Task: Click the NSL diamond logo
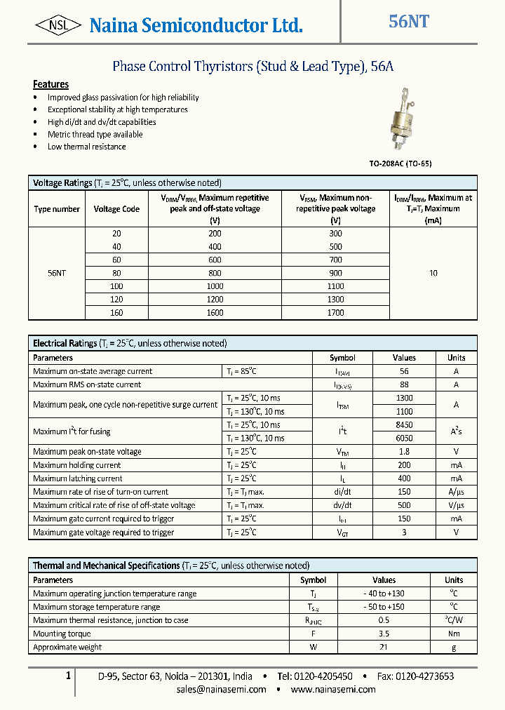coord(57,26)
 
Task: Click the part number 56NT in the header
coord(409,22)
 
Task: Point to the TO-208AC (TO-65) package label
coord(400,163)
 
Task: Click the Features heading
coord(50,84)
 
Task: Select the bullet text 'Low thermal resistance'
coord(87,147)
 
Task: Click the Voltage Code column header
coord(116,208)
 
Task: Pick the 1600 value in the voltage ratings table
coord(215,313)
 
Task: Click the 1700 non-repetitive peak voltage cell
coord(335,313)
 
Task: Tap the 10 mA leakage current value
coord(433,273)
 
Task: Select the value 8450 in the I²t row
coord(404,425)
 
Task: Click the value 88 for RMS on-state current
coord(404,384)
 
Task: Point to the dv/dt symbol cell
coord(342,505)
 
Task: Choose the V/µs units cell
coord(456,505)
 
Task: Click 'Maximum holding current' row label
coord(77,465)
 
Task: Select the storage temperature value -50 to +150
coord(384,607)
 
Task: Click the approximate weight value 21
coord(384,647)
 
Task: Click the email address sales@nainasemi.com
coord(221,689)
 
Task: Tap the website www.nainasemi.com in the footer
coord(332,689)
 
